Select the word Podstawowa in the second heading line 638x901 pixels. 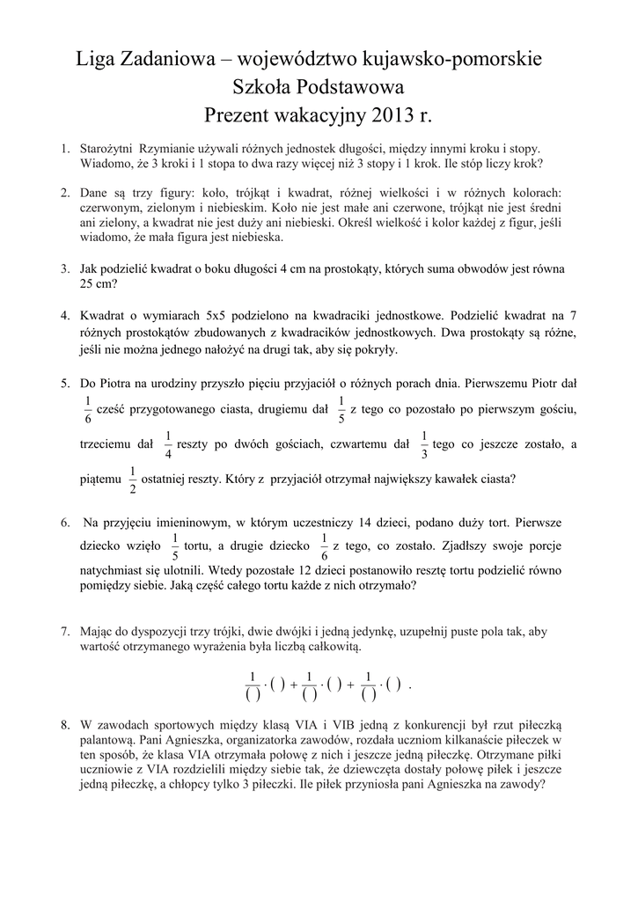(x=352, y=87)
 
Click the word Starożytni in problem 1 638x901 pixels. (x=107, y=150)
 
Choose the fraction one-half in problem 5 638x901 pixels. (x=133, y=480)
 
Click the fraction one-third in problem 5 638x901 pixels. (x=424, y=445)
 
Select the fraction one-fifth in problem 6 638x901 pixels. (x=174, y=546)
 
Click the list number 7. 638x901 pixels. (x=65, y=632)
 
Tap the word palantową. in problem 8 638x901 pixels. (x=108, y=741)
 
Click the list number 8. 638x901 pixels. (x=65, y=725)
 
